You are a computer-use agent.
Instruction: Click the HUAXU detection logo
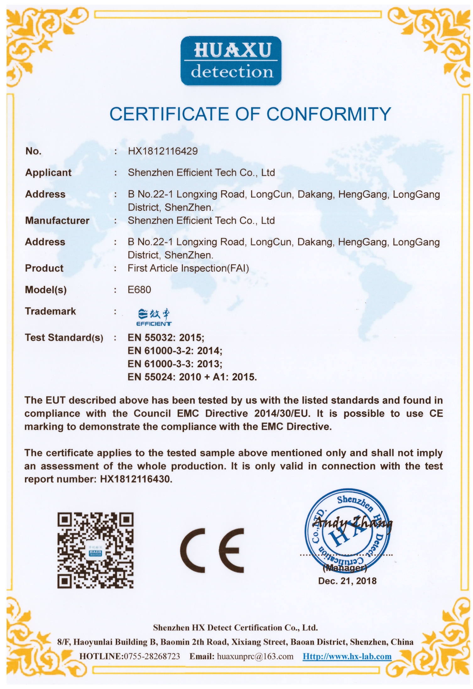(231, 61)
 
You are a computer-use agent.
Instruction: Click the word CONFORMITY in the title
(329, 114)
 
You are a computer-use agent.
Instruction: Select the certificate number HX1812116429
(163, 151)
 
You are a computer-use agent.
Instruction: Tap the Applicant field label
(48, 173)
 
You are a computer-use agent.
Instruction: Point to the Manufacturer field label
(57, 221)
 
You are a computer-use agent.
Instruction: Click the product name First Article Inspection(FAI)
(188, 268)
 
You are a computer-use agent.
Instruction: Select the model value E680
(139, 290)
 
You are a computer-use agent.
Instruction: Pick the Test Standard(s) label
(64, 338)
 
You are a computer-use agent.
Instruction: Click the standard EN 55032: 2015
(166, 338)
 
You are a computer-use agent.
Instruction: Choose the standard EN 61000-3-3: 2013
(175, 364)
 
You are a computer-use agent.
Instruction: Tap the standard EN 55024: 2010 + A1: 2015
(192, 377)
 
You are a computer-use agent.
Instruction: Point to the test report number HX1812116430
(136, 479)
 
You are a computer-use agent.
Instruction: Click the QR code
(95, 550)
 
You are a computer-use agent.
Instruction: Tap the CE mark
(212, 550)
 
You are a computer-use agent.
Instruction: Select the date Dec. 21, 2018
(347, 581)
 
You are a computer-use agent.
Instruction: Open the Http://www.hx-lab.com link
(347, 656)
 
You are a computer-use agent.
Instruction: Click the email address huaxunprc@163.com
(255, 656)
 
